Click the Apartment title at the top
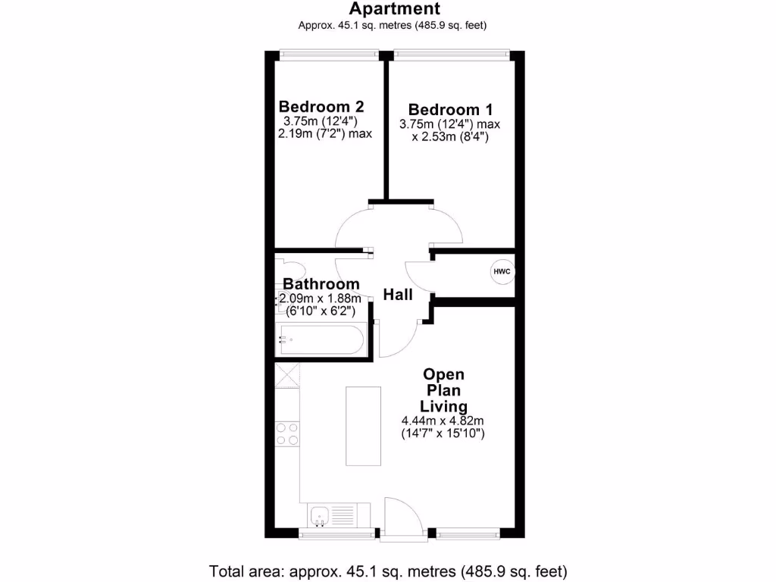point(393,10)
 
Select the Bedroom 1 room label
point(444,110)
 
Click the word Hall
point(398,294)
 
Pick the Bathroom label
point(321,284)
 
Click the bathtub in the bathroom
point(321,339)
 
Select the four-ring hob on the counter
point(287,433)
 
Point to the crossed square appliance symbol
point(287,375)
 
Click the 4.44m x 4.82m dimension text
point(443,421)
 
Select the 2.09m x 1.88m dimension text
point(320,298)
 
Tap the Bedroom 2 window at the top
point(327,54)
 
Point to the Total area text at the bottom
point(388,570)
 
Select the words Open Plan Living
point(444,390)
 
